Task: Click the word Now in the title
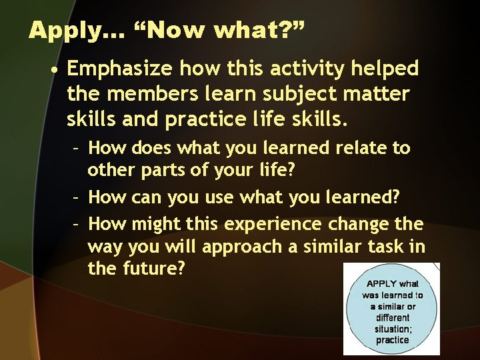click(x=162, y=31)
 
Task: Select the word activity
click(x=287, y=69)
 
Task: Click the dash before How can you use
click(x=77, y=197)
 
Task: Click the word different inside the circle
click(x=392, y=317)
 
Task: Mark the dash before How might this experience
click(x=77, y=223)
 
